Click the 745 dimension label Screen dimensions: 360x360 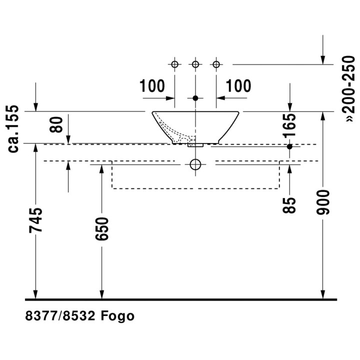(x=35, y=220)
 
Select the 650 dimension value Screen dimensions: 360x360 (x=102, y=229)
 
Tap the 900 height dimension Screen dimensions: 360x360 (x=323, y=202)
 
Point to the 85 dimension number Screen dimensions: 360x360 (x=289, y=205)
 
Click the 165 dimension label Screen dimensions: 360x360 (x=289, y=126)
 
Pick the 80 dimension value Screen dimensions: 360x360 (x=56, y=124)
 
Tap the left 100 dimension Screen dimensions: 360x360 (x=152, y=86)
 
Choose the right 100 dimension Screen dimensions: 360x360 (x=238, y=86)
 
